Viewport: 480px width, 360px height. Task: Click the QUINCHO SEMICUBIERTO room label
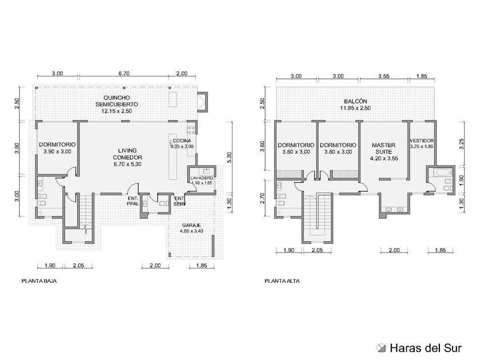pos(117,101)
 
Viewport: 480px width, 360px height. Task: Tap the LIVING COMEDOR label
pos(127,154)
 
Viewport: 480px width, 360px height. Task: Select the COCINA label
pos(182,141)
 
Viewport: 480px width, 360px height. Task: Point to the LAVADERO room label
pos(202,178)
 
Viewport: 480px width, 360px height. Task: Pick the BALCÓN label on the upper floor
pos(355,101)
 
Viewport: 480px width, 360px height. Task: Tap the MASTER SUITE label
pos(383,149)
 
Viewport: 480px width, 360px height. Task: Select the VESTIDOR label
pos(422,141)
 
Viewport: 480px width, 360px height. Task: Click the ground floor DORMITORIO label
pos(57,145)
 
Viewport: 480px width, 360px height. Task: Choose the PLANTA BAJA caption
pos(39,281)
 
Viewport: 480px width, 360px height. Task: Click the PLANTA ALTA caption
pos(282,281)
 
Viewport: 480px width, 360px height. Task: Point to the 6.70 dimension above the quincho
pos(124,74)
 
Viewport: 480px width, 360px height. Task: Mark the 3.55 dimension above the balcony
pos(383,76)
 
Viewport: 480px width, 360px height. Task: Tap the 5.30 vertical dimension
pos(230,158)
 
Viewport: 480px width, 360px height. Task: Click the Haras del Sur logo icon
pos(382,348)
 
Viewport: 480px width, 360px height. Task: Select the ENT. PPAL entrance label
pos(133,201)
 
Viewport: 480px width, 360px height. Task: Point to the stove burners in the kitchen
pos(192,129)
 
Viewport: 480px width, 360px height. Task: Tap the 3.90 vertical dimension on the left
pos(18,148)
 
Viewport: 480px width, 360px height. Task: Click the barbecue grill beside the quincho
pos(203,101)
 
